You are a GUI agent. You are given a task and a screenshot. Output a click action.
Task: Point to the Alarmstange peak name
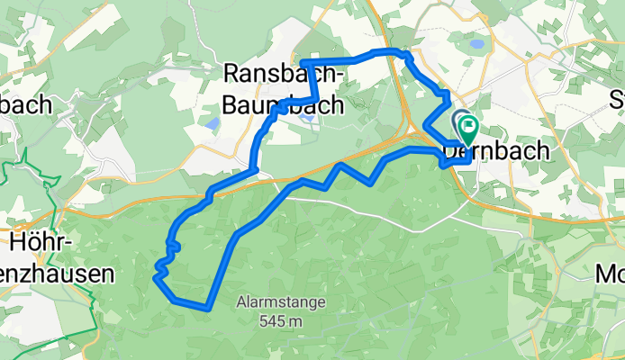click(269, 302)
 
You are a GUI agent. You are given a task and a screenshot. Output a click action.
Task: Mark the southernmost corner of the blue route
click(207, 308)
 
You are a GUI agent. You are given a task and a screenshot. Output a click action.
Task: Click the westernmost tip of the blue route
click(156, 280)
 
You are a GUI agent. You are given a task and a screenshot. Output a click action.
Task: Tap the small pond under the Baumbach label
click(309, 117)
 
